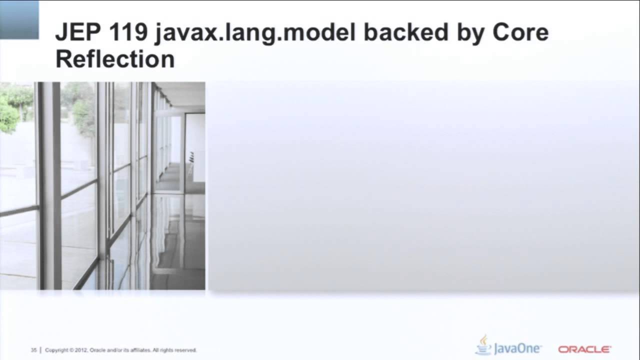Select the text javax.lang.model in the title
click(x=255, y=33)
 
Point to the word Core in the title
click(x=520, y=33)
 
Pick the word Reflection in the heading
click(x=115, y=59)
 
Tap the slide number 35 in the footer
click(x=34, y=350)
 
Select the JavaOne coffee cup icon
click(x=483, y=344)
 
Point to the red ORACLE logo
click(x=584, y=349)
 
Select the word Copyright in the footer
click(x=56, y=350)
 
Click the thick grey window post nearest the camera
click(x=49, y=185)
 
